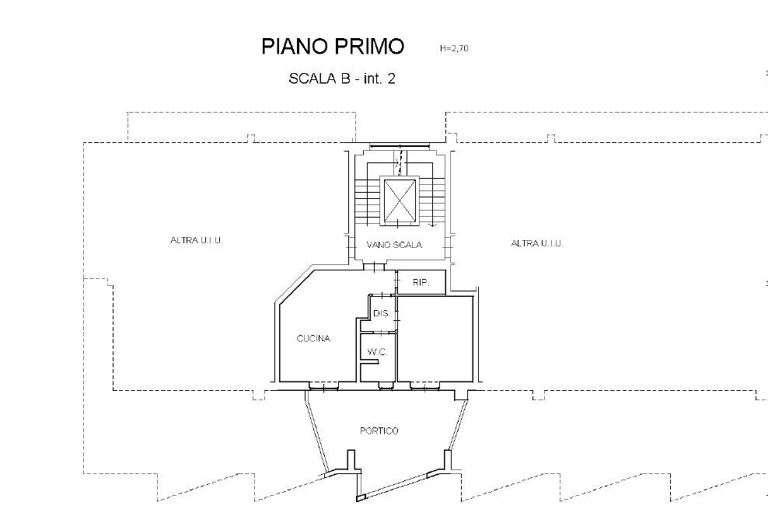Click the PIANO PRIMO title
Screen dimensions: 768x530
(x=333, y=47)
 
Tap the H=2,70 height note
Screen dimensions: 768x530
(x=454, y=48)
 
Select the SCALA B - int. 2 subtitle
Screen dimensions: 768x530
(x=342, y=78)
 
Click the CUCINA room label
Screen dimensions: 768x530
(x=313, y=338)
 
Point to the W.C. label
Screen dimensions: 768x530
(x=377, y=352)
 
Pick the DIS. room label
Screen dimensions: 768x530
(x=382, y=313)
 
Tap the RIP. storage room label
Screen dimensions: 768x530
(x=421, y=283)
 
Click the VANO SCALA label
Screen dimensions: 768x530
(x=394, y=245)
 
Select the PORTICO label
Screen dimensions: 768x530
(x=379, y=431)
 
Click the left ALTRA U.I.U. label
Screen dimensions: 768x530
(x=196, y=240)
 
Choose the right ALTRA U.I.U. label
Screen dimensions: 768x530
(x=537, y=243)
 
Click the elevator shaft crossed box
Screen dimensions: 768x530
(x=400, y=200)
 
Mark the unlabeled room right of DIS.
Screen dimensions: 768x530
(x=435, y=339)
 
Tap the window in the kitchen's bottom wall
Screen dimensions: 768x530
(x=323, y=386)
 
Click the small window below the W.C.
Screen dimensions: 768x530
(x=386, y=386)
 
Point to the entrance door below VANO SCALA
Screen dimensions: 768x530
(x=375, y=267)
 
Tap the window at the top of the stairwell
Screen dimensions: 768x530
(x=400, y=145)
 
